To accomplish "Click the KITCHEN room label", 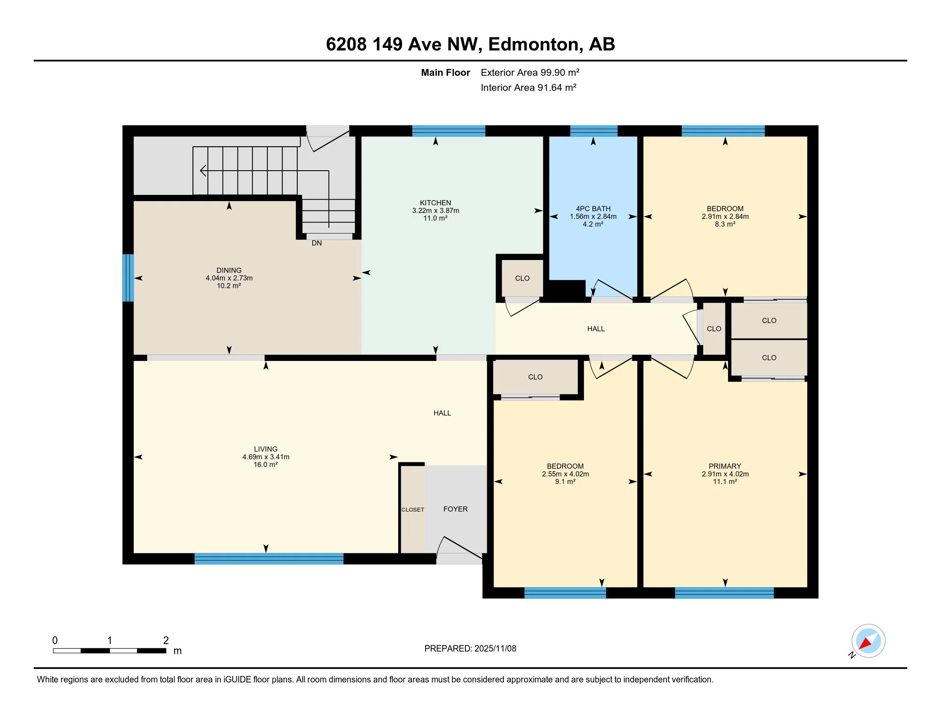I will pos(435,203).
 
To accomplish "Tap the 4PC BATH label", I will pos(593,209).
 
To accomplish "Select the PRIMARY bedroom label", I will pos(725,466).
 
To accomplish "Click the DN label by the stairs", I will pos(317,243).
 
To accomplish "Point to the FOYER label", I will pos(455,509).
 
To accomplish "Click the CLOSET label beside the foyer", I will pos(413,509).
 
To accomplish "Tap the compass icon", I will pos(868,641).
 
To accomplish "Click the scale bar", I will pos(109,651).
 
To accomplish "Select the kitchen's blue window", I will pos(449,131).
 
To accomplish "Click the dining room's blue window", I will pos(127,278).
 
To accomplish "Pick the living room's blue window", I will pos(269,559).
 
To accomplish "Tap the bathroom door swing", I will pos(610,289).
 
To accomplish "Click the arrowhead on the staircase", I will pos(202,171).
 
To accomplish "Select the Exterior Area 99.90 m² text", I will pos(530,72).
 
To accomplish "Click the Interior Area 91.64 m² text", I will pos(528,88).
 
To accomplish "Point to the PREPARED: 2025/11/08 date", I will pos(470,648).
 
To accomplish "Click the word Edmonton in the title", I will pos(533,44).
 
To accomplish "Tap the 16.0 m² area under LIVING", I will pos(266,465).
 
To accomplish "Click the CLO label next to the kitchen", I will pos(522,278).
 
